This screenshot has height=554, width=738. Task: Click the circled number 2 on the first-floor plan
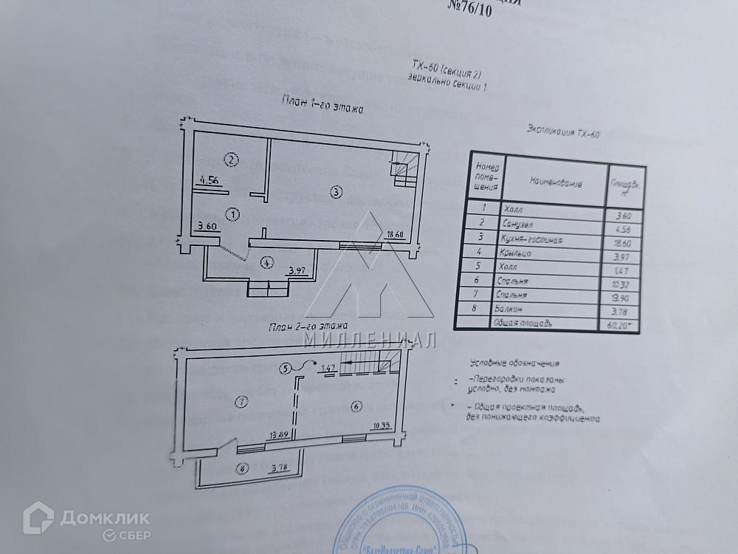click(x=231, y=160)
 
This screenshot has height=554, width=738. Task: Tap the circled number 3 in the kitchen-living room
click(x=336, y=193)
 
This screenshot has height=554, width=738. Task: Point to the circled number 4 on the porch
click(x=266, y=261)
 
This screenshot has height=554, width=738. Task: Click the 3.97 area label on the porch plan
click(x=297, y=271)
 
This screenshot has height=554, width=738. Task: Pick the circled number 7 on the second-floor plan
click(x=240, y=402)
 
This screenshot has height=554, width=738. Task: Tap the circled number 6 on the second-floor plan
click(x=355, y=406)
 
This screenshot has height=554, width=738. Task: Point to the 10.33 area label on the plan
click(x=381, y=425)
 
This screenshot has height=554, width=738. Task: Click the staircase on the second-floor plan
click(x=377, y=362)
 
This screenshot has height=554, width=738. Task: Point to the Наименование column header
click(x=555, y=182)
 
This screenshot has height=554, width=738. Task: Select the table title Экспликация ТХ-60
click(x=563, y=133)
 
